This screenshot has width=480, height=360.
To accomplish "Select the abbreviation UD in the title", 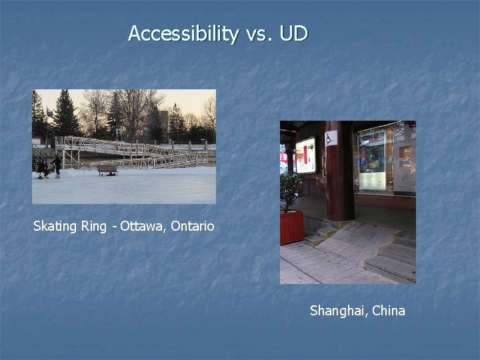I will click(x=293, y=33).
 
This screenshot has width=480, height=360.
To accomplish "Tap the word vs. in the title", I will click(x=259, y=33).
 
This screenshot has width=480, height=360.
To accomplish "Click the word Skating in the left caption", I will click(x=55, y=226).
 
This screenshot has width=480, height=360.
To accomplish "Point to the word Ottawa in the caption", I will click(x=143, y=226).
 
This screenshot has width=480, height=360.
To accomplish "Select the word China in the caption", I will click(x=389, y=311).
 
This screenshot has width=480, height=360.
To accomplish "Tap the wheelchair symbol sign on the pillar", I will click(x=330, y=138).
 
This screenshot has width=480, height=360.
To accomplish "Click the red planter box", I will click(x=291, y=227).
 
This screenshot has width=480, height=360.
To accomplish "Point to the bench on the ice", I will click(x=107, y=171).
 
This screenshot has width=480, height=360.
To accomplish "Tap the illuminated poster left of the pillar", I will click(x=305, y=155).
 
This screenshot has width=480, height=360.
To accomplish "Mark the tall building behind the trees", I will click(x=163, y=123).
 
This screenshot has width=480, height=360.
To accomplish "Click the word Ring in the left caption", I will click(x=93, y=226).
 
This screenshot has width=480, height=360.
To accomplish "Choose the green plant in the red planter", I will click(x=289, y=190).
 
